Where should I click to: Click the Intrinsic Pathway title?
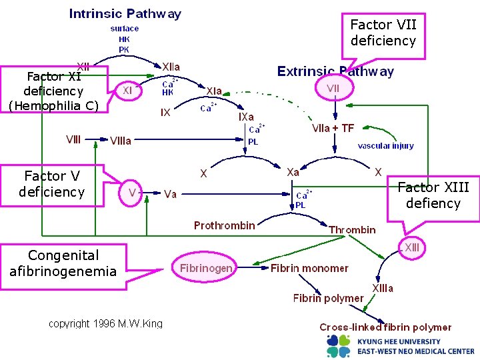click(125, 14)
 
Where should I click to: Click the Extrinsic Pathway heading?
click(335, 71)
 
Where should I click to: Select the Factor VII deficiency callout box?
click(383, 33)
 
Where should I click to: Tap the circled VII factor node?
click(332, 88)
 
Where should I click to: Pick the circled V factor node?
click(133, 192)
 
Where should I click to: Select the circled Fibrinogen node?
click(206, 268)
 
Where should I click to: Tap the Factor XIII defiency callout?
click(433, 195)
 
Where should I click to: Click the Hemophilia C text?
click(53, 105)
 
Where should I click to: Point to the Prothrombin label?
click(224, 225)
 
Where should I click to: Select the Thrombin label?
click(352, 229)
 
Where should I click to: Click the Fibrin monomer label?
click(309, 268)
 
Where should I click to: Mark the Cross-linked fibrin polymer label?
click(385, 327)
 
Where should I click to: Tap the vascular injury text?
click(385, 145)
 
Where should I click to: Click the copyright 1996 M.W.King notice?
click(105, 323)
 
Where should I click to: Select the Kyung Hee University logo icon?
click(338, 345)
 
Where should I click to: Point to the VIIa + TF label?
click(333, 129)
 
